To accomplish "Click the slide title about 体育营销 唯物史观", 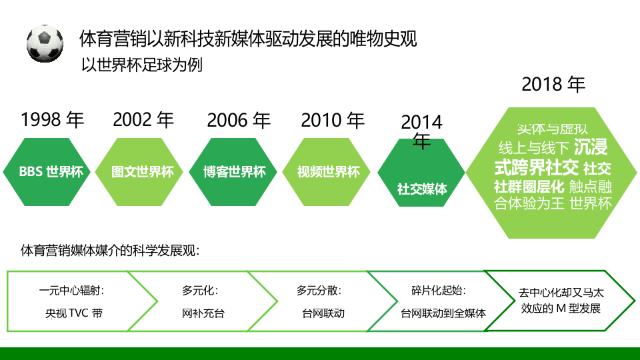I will click(247, 38).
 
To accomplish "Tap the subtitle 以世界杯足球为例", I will click(141, 65).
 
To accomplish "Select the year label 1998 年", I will click(53, 120).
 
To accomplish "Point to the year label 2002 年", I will click(143, 120).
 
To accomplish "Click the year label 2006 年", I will click(239, 121).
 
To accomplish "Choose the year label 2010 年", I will click(333, 121).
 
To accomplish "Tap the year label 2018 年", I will click(553, 85).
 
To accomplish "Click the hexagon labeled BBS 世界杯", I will click(51, 172).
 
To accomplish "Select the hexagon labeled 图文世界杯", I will click(143, 172).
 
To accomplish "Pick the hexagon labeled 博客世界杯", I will click(235, 172).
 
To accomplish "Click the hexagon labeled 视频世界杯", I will click(329, 172).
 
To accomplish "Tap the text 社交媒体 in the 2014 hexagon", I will click(421, 189).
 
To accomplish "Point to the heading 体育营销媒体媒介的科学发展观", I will click(110, 252).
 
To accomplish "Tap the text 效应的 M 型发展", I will click(561, 309).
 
